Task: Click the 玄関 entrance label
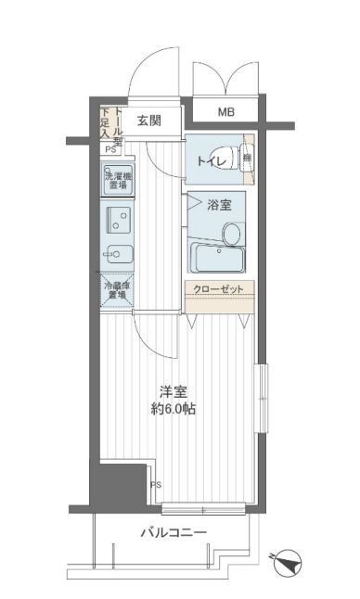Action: [149, 120]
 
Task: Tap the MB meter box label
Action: [225, 113]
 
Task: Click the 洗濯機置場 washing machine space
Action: [117, 179]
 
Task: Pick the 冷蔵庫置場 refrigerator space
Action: [117, 290]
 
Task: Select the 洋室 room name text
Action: [172, 391]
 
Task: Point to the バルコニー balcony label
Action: [174, 532]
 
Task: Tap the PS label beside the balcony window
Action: [156, 483]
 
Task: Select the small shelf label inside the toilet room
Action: [248, 159]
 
